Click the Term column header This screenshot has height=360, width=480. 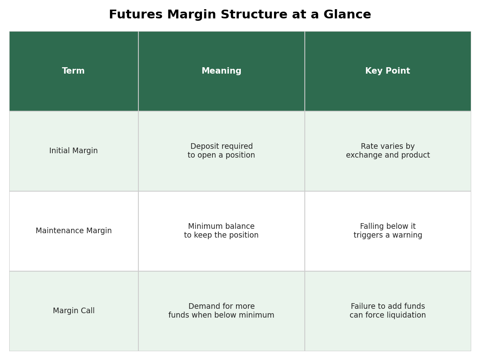click(x=73, y=71)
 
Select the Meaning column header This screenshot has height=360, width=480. click(x=221, y=71)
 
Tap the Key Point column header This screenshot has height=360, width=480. click(x=388, y=71)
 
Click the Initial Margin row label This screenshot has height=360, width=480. click(x=74, y=151)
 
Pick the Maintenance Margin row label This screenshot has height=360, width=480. click(x=74, y=231)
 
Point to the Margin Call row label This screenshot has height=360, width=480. click(x=74, y=311)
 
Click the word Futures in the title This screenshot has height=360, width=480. click(x=136, y=14)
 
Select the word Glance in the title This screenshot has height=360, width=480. click(x=347, y=14)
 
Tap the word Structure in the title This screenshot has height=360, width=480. click(x=254, y=14)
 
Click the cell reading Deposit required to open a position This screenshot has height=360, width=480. click(x=221, y=151)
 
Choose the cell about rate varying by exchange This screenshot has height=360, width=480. click(x=388, y=151)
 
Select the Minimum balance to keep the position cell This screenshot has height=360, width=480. click(x=221, y=231)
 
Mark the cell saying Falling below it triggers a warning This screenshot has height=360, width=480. click(x=388, y=231)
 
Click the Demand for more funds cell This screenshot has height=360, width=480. click(x=221, y=311)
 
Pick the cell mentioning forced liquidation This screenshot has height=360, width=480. click(x=388, y=311)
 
